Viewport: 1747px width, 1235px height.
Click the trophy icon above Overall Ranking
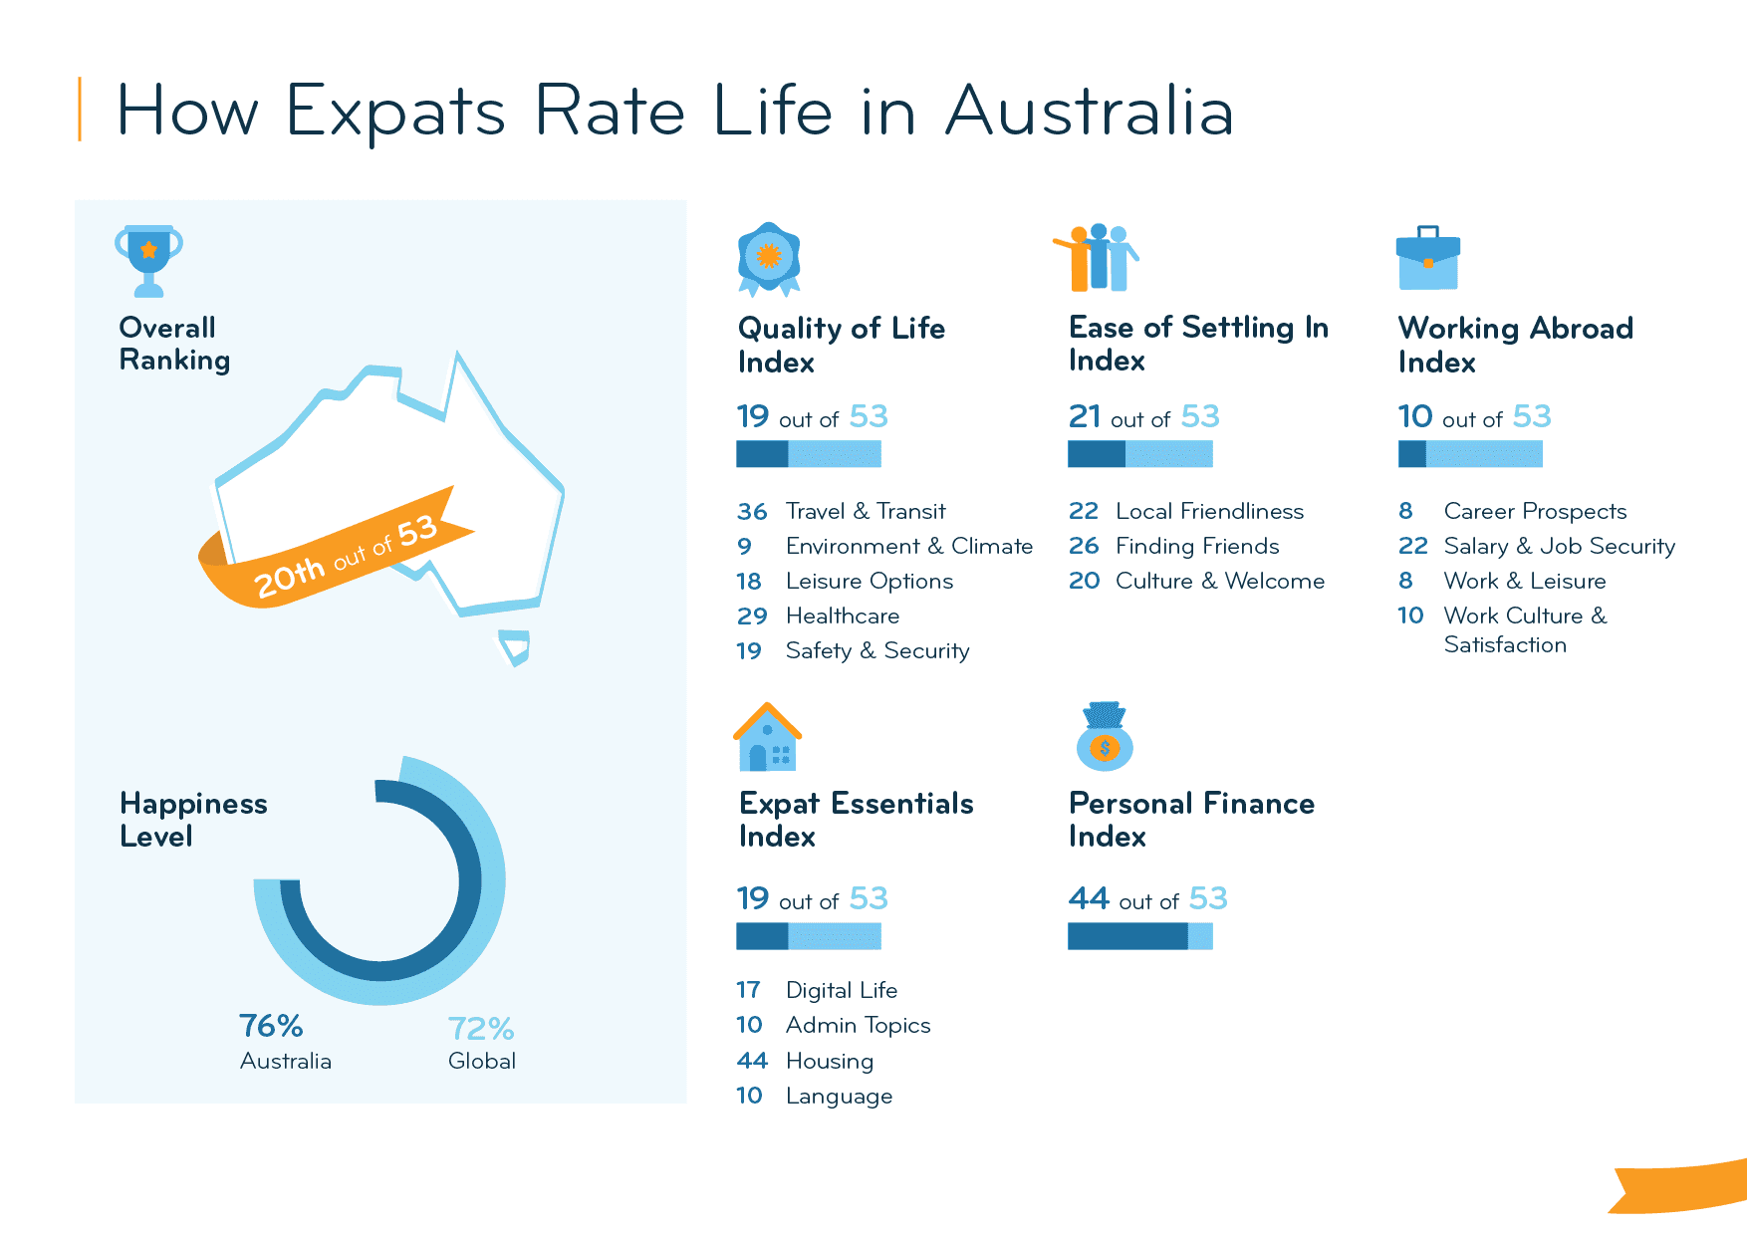click(148, 260)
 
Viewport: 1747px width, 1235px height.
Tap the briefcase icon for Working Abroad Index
click(1427, 259)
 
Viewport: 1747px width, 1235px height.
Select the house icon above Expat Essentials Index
click(767, 738)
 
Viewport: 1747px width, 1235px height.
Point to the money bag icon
click(1105, 738)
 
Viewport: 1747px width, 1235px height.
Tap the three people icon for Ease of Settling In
click(1098, 258)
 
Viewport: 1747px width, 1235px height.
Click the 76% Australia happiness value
click(271, 1026)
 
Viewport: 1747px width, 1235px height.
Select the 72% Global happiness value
click(481, 1028)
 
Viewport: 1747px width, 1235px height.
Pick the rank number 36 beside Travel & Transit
click(752, 512)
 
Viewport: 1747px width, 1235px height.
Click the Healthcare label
click(842, 617)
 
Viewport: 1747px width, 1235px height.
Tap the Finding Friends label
click(1197, 547)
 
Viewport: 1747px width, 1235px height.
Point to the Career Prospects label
click(1535, 512)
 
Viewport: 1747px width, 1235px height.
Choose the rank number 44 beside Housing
click(752, 1062)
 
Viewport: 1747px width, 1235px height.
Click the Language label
click(839, 1097)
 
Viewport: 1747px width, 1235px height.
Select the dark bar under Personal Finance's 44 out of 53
click(1127, 936)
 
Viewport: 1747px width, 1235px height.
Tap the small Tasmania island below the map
click(515, 646)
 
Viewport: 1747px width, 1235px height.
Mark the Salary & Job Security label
click(1559, 547)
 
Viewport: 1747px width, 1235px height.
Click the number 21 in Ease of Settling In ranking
click(1084, 416)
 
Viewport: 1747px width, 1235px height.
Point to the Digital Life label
click(841, 991)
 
